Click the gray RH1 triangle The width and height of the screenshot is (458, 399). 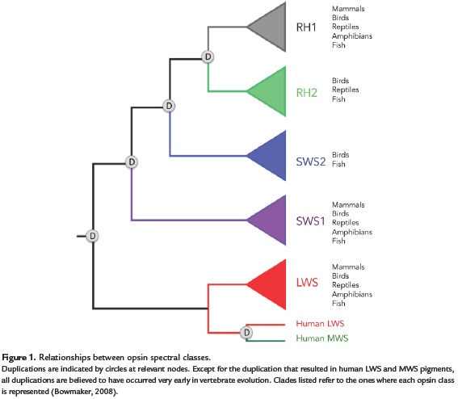(271, 27)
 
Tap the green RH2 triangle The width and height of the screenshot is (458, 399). (271, 91)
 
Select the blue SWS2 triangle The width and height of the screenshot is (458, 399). (271, 156)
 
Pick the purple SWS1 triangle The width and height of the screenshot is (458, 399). (271, 220)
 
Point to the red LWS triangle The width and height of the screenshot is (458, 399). (271, 284)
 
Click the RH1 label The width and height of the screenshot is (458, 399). (306, 27)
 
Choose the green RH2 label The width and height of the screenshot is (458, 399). (307, 93)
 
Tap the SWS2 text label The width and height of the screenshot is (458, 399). (311, 162)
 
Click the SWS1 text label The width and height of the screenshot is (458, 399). (310, 221)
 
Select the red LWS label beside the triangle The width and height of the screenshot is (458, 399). (307, 283)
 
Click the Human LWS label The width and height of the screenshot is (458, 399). (320, 324)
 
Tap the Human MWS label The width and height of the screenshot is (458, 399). (322, 338)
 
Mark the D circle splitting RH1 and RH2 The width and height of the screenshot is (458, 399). (208, 57)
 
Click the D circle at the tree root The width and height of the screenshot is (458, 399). (92, 236)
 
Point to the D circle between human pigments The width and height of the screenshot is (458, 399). (246, 333)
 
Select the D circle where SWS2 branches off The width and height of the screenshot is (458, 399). (169, 106)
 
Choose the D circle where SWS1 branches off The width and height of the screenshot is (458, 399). (132, 162)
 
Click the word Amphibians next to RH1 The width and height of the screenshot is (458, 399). (352, 36)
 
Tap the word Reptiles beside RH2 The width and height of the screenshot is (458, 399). (345, 90)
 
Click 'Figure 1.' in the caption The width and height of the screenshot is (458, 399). (19, 358)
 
